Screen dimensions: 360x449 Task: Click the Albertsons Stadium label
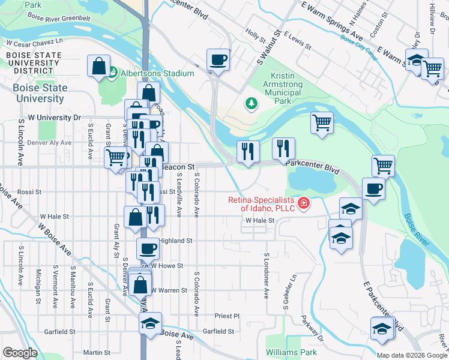click(158, 73)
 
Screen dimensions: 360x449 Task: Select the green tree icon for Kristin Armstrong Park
click(251, 104)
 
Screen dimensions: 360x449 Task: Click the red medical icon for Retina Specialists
click(304, 204)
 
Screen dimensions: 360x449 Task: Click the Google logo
click(20, 353)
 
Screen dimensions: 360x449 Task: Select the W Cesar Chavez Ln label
click(34, 43)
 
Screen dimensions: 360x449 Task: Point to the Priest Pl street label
click(227, 316)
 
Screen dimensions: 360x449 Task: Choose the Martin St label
click(97, 352)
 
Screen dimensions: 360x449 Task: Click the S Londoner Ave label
click(266, 275)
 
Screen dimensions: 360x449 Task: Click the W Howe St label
click(166, 265)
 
